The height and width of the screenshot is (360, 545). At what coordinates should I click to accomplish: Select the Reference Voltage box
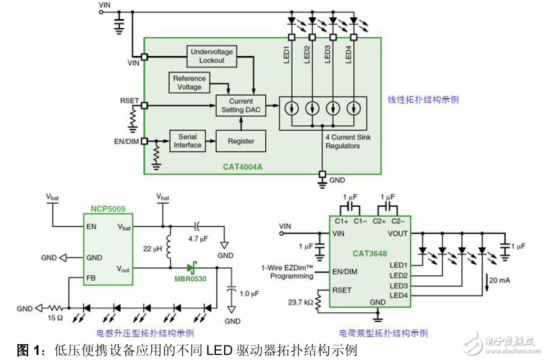click(x=189, y=83)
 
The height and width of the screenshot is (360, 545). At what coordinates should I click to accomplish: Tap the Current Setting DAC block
click(x=240, y=106)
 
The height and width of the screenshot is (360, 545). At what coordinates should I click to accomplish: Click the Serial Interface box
click(x=187, y=141)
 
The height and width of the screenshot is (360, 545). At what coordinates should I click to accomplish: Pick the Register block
click(x=240, y=141)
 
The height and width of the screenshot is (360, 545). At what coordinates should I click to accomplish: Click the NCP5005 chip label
click(x=108, y=209)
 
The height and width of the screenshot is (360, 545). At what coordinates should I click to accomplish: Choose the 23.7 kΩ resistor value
click(x=301, y=302)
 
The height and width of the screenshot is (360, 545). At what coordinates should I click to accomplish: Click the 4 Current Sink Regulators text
click(x=348, y=142)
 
